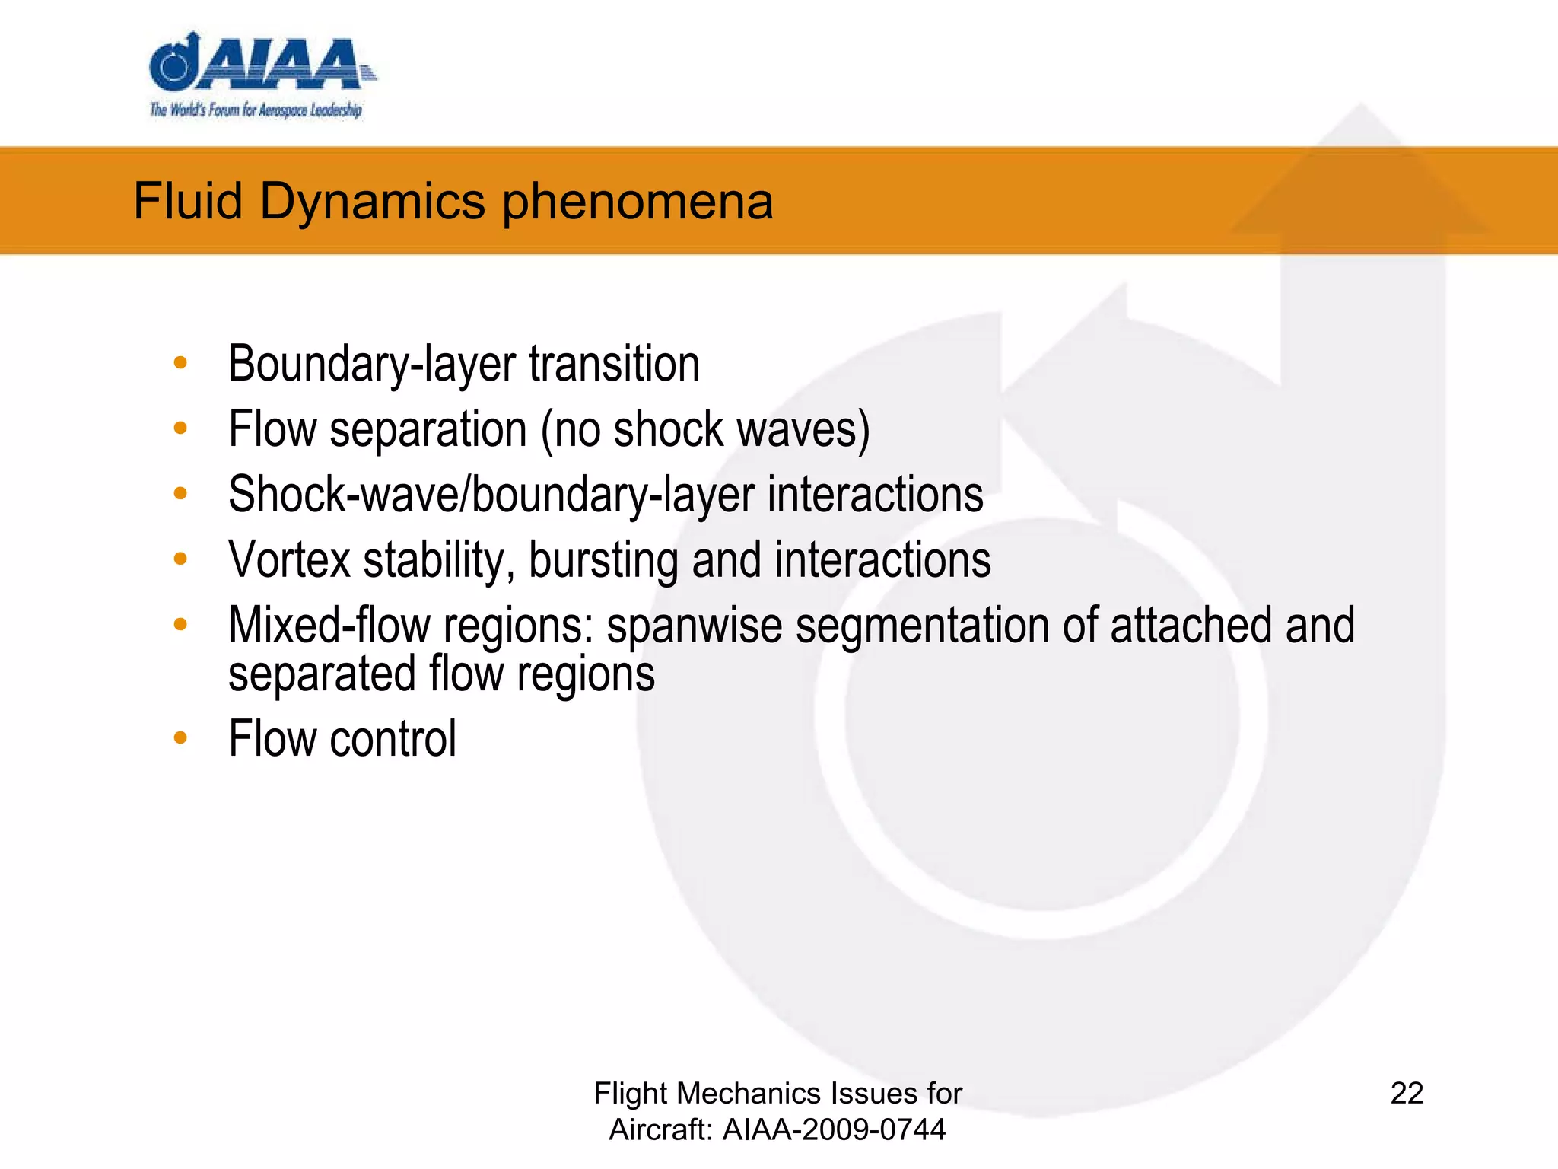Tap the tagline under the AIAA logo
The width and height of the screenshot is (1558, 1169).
pyautogui.click(x=256, y=110)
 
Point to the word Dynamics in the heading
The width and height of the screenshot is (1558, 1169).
pyautogui.click(x=372, y=202)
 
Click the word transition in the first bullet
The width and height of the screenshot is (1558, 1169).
pyautogui.click(x=614, y=364)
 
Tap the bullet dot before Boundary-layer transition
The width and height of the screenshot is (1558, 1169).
pyautogui.click(x=180, y=363)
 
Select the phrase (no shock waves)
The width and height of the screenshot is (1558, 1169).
pyautogui.click(x=705, y=429)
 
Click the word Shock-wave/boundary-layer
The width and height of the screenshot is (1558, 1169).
pyautogui.click(x=491, y=495)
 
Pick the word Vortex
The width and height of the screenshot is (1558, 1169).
pyautogui.click(x=289, y=560)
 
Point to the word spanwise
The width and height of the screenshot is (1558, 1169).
pyautogui.click(x=694, y=626)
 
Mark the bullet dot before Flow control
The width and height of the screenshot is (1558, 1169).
pyautogui.click(x=180, y=737)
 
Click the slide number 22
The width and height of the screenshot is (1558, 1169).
pyautogui.click(x=1407, y=1093)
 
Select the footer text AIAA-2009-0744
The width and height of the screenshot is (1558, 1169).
pyautogui.click(x=834, y=1129)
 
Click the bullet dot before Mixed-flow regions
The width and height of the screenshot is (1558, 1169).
pyautogui.click(x=180, y=625)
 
